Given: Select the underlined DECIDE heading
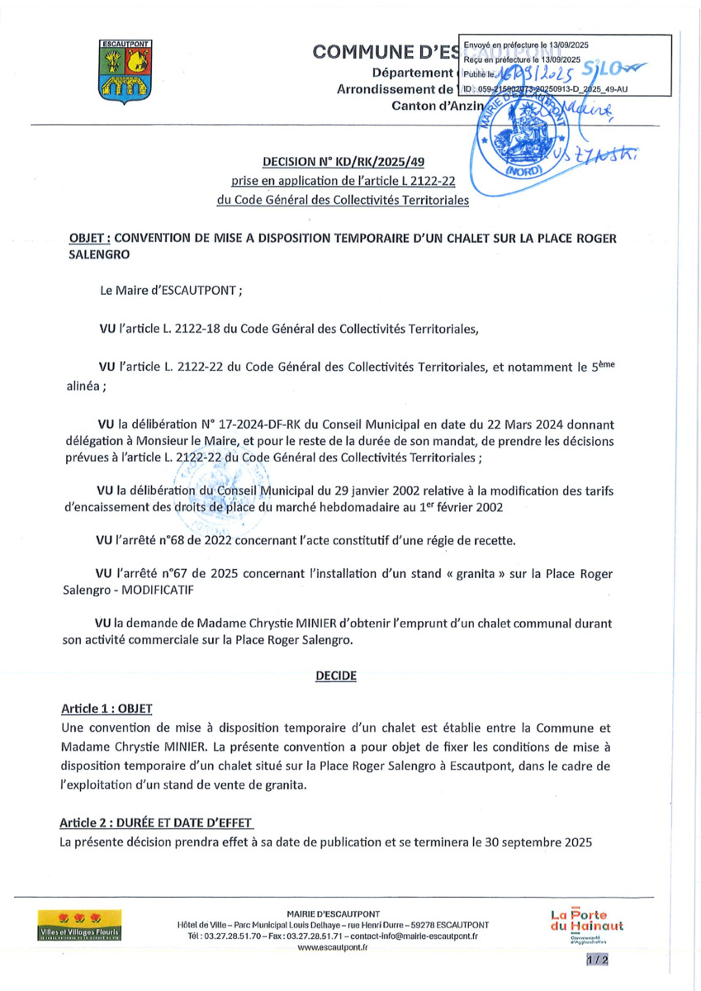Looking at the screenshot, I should click(x=336, y=675).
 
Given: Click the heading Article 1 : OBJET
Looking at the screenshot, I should click(x=107, y=709).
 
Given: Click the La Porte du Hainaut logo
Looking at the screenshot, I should click(x=586, y=925).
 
